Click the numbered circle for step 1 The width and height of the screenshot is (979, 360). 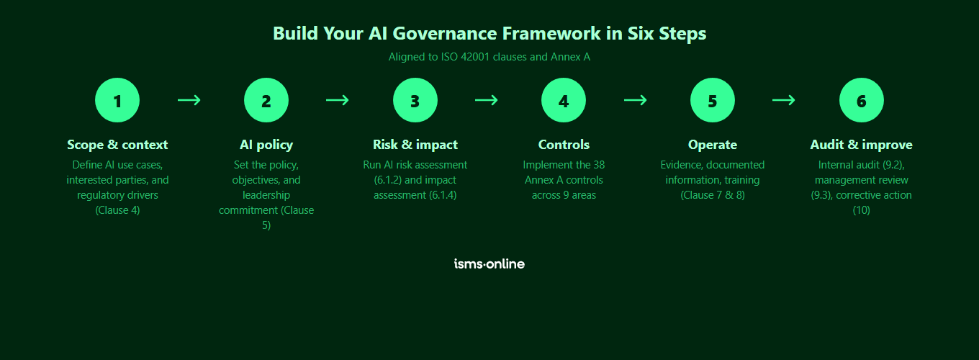(117, 100)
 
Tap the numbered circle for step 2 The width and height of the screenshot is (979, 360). (266, 100)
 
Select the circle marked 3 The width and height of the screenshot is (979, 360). (415, 100)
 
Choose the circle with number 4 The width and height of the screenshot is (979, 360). (564, 100)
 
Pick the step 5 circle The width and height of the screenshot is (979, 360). (713, 100)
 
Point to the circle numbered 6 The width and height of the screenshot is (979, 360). (862, 100)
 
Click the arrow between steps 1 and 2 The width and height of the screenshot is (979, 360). (189, 100)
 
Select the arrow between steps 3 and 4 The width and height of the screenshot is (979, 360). (487, 100)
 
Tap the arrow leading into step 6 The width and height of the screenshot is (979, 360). (784, 100)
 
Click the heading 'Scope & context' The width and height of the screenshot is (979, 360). (117, 145)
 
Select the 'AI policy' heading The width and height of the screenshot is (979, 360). (266, 145)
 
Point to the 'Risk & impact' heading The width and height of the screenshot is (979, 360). (415, 145)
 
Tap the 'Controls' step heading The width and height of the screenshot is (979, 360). (564, 145)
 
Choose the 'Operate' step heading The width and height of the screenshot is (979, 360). (713, 145)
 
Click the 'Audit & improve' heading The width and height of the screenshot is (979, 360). (862, 145)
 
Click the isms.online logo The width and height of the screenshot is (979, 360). (489, 264)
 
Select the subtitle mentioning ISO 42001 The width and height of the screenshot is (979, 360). (489, 57)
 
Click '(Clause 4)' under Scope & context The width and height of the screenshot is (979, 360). (117, 210)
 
